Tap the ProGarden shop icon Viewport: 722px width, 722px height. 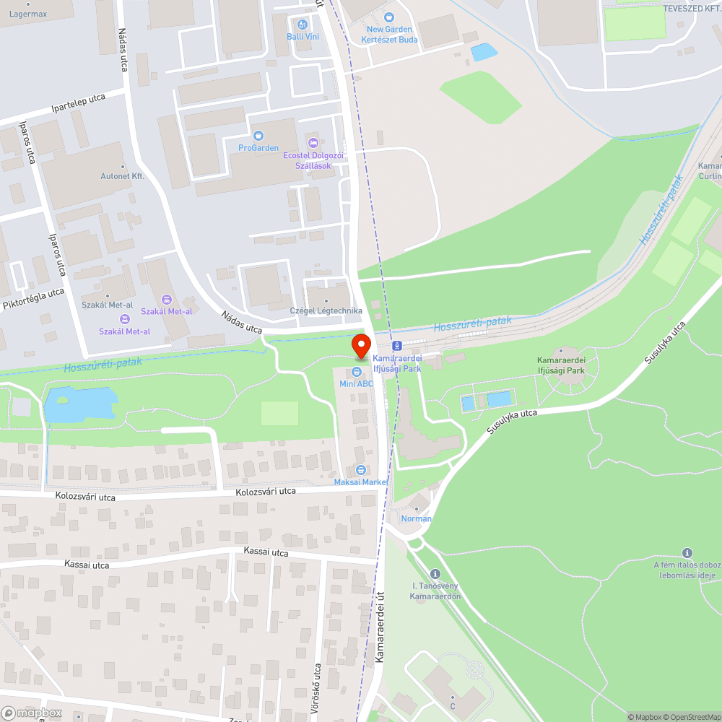258,135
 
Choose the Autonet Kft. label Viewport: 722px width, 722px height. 123,175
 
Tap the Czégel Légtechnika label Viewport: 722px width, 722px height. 326,310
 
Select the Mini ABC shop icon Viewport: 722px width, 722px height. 357,372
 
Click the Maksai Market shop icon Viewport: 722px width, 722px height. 361,470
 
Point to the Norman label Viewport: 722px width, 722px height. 417,518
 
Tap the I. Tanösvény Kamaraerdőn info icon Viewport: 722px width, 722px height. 435,573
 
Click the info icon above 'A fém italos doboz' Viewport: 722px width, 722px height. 687,553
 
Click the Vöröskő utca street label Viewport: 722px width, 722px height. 316,690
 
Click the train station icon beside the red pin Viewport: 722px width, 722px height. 396,345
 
